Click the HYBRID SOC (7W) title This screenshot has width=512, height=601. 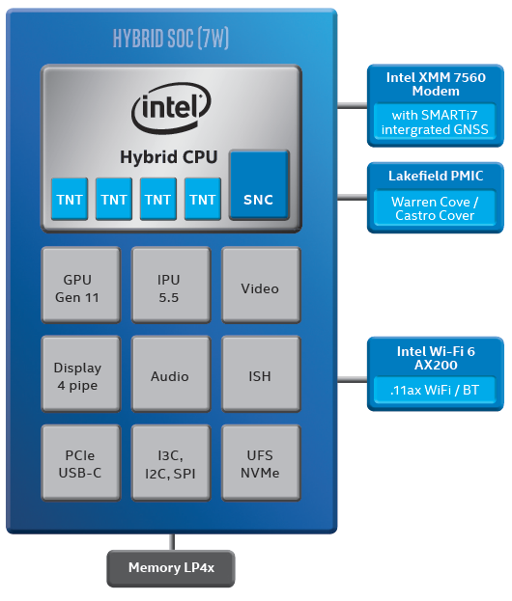coord(170,40)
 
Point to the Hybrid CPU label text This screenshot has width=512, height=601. coord(169,156)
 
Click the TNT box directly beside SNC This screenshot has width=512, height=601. coord(203,199)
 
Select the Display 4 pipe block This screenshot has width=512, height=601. coord(80,376)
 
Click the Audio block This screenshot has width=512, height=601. coord(169,376)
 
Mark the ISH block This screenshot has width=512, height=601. coord(260,376)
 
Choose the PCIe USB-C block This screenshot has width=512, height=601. coord(80,465)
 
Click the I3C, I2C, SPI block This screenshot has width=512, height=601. coord(169,465)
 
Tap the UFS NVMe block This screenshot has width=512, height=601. coord(260,465)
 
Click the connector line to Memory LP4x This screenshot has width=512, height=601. coord(172,541)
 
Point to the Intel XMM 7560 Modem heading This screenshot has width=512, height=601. coord(436,85)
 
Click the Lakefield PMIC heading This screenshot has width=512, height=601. coord(436,176)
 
